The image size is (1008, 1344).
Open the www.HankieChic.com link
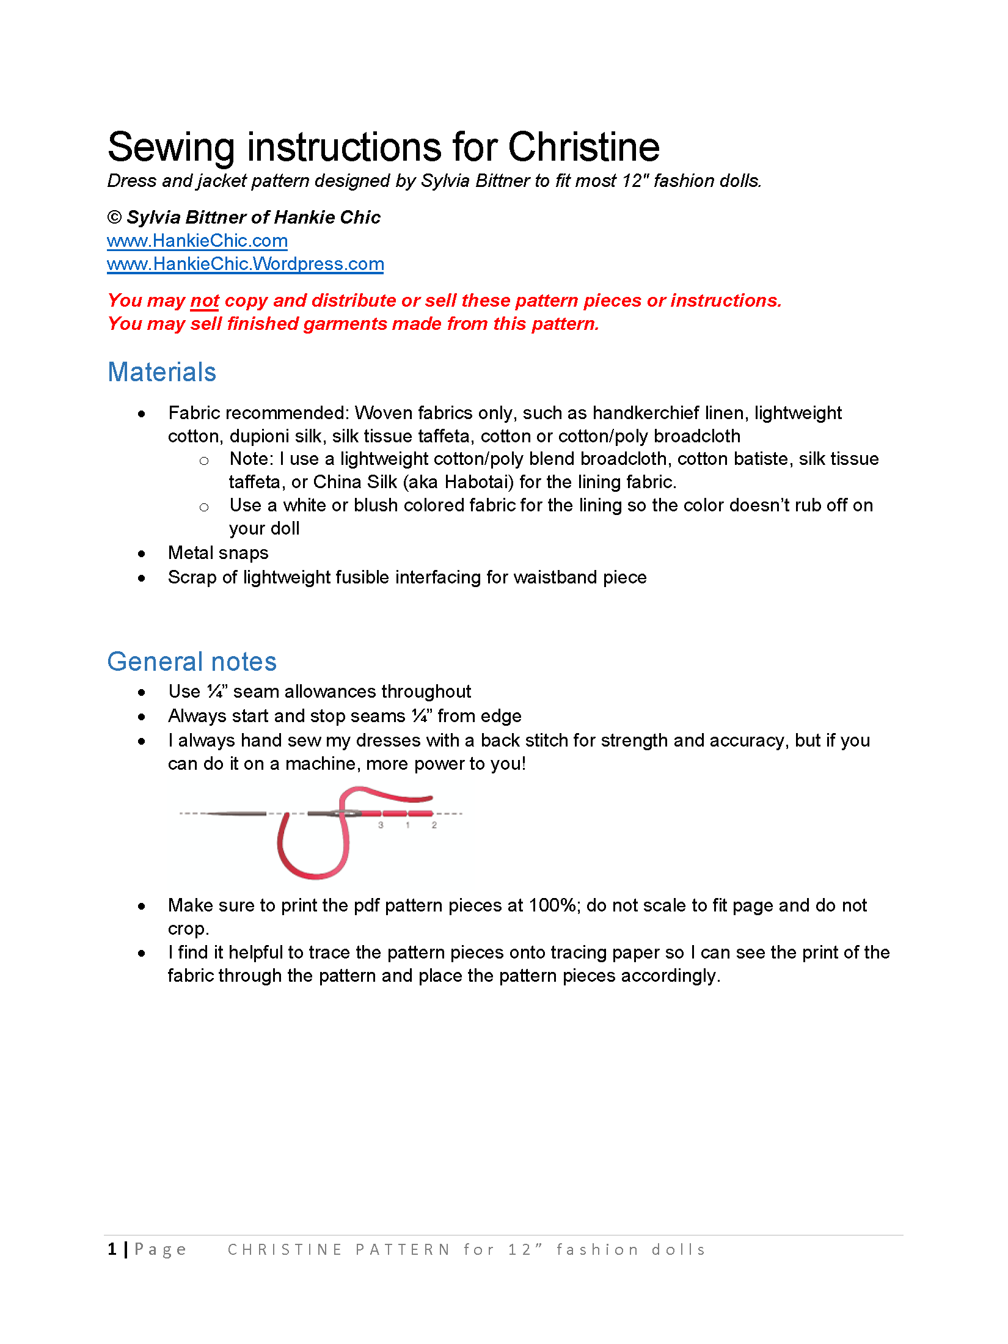[x=197, y=241]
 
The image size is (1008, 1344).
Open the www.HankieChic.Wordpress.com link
[x=245, y=264]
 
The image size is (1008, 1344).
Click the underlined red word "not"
[x=205, y=301]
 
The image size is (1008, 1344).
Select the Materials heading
[x=162, y=372]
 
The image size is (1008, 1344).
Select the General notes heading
[x=192, y=662]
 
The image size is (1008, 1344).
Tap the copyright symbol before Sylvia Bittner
[x=114, y=217]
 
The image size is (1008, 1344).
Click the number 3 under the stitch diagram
[x=381, y=825]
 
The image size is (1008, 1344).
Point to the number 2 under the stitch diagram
[x=434, y=825]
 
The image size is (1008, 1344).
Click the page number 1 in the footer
[x=112, y=1249]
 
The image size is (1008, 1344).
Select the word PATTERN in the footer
[x=403, y=1250]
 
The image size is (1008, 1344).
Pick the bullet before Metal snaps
[x=142, y=554]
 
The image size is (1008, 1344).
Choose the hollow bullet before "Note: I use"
[x=204, y=461]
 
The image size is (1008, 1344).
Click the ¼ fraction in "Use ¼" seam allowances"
[x=215, y=692]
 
